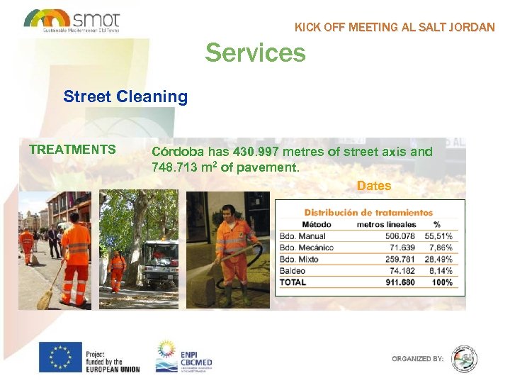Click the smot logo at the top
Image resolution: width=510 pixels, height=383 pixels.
point(72,20)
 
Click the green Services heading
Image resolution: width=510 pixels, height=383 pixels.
point(255,53)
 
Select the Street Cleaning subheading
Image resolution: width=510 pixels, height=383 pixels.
point(125,96)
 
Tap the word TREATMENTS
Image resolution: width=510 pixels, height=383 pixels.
point(72,150)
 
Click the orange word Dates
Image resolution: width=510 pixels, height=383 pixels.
point(374,186)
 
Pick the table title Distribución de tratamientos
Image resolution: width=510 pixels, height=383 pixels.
point(368,212)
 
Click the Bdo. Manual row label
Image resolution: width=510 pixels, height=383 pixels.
point(302,236)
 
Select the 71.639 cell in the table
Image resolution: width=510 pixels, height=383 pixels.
point(400,248)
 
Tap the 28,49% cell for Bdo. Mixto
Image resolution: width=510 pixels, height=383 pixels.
point(438,259)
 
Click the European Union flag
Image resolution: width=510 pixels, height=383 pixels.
point(60,357)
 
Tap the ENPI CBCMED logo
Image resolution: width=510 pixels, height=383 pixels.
point(184,356)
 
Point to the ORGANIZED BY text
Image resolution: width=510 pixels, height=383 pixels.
point(417,359)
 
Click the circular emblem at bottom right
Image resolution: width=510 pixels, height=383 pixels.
point(465,359)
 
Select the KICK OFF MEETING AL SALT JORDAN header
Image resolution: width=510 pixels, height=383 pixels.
point(395,28)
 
